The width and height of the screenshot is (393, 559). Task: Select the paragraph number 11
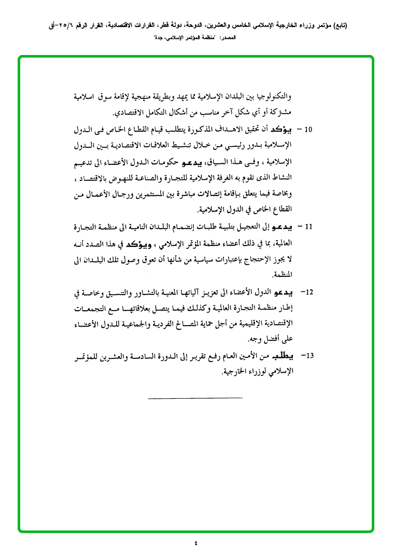tap(308, 227)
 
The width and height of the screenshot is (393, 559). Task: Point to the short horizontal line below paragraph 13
tap(195, 398)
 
